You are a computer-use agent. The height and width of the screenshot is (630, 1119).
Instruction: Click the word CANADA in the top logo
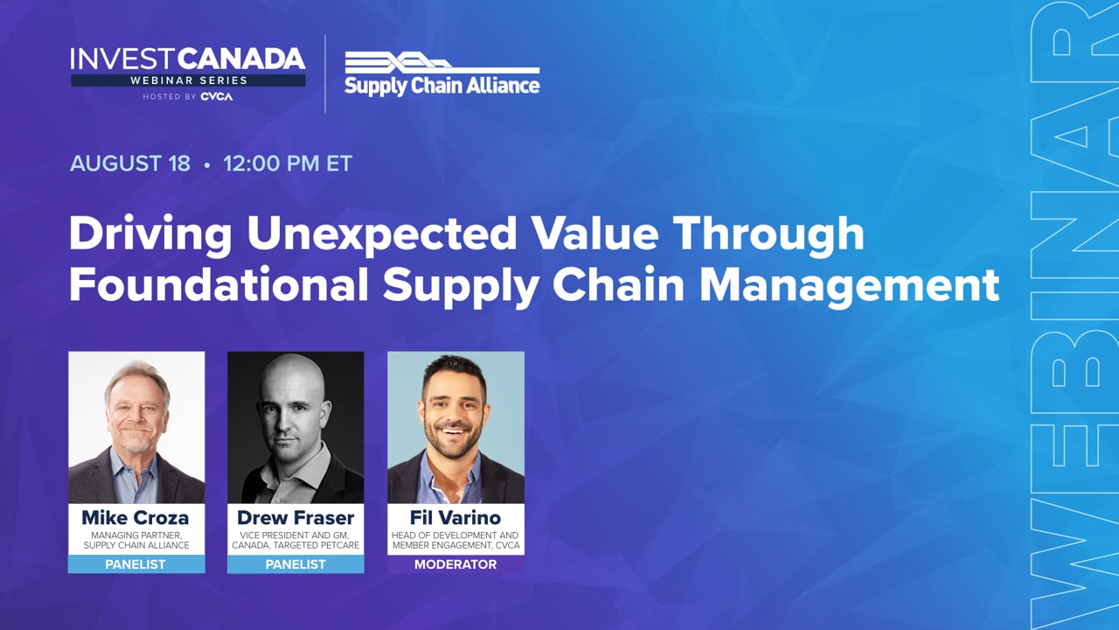click(x=241, y=59)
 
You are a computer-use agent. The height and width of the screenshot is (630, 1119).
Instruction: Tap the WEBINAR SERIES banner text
click(x=189, y=80)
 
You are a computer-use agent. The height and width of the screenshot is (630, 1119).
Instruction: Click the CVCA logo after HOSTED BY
click(x=216, y=96)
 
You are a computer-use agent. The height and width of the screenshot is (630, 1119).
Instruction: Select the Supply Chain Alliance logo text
click(x=442, y=86)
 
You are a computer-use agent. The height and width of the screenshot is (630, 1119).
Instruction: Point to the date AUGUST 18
click(x=130, y=164)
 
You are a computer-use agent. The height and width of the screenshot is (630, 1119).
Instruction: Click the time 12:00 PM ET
click(x=288, y=164)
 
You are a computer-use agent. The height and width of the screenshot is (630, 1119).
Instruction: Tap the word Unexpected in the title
click(x=382, y=234)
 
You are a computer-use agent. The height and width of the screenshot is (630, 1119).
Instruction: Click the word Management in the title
click(x=849, y=286)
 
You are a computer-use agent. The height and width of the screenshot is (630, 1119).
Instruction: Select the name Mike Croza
click(x=136, y=517)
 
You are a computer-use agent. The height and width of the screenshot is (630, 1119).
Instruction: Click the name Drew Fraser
click(x=295, y=517)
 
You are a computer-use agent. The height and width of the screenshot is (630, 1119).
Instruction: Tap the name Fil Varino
click(x=455, y=517)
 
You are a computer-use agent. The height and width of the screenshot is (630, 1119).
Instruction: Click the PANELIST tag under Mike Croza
click(x=136, y=564)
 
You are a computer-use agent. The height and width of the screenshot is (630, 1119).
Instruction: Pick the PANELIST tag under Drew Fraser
click(x=295, y=564)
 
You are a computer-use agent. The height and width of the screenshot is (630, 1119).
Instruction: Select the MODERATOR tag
click(x=455, y=564)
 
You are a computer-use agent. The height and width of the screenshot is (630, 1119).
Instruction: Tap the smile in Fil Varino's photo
click(x=453, y=430)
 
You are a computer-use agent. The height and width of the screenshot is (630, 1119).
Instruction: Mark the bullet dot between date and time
click(x=207, y=164)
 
